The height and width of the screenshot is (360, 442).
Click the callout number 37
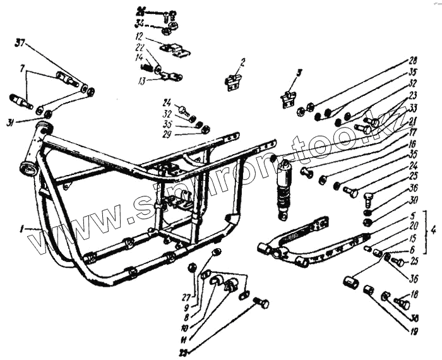(x=20, y=43)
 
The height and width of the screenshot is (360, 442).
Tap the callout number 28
(x=413, y=60)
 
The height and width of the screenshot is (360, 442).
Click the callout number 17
(x=413, y=132)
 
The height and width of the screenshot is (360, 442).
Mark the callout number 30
(x=413, y=200)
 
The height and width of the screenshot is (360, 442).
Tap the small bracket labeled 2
(x=233, y=81)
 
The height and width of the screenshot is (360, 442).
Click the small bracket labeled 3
(x=289, y=98)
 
